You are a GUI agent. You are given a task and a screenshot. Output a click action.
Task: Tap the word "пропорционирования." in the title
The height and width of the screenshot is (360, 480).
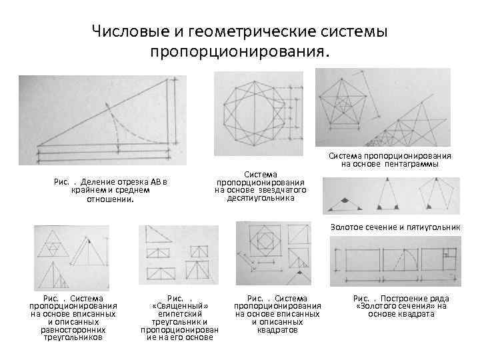click(x=240, y=51)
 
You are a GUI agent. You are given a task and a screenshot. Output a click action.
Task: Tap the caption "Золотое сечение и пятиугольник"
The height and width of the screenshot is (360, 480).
click(x=395, y=227)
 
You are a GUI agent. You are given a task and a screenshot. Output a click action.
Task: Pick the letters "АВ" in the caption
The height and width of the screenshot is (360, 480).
click(x=155, y=182)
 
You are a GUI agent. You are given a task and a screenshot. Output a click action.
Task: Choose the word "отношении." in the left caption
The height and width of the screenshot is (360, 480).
click(x=111, y=198)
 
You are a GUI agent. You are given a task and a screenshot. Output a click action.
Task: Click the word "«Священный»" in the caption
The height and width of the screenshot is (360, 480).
click(x=177, y=305)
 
